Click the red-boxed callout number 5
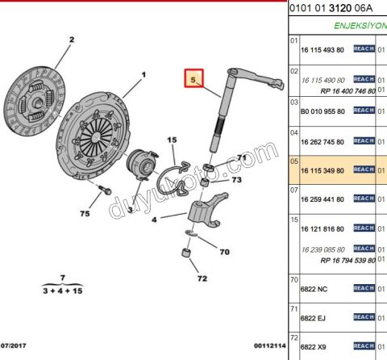point(193,80)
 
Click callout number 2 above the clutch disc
point(71,40)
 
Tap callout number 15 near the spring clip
point(171,140)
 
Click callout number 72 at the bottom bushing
point(202,279)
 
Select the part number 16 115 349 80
point(322,170)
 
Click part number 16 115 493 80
point(322,50)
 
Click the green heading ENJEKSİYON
point(360,25)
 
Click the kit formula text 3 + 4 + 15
point(62,289)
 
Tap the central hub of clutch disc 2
point(36,98)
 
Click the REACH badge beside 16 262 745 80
point(364,141)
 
